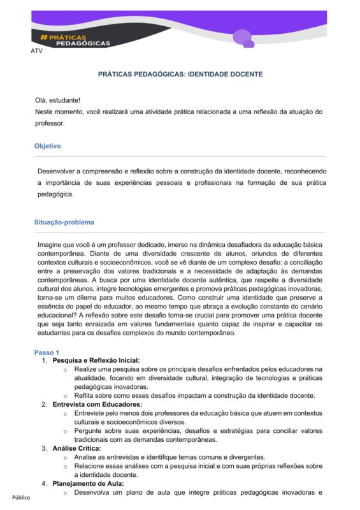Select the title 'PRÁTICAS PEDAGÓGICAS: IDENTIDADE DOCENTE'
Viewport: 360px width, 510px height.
tap(180, 75)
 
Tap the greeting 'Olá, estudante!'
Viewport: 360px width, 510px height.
tap(57, 101)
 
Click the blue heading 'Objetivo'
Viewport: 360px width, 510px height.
tap(48, 146)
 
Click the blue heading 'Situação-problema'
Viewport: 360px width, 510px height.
tap(64, 222)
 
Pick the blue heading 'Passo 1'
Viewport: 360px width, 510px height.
tap(47, 353)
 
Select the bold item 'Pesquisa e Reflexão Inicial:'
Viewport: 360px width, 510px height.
tap(96, 360)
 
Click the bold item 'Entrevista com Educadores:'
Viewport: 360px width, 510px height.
tap(97, 404)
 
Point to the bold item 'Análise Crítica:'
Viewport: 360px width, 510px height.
tap(76, 448)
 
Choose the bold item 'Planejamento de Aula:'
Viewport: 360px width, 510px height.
tap(88, 483)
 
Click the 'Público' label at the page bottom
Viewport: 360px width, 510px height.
tap(20, 497)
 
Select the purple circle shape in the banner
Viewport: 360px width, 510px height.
tap(241, 37)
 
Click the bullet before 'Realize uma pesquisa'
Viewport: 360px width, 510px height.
tap(65, 369)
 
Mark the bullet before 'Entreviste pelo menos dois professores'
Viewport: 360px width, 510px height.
tap(65, 413)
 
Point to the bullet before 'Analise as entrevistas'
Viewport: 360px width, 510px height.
tap(65, 457)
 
